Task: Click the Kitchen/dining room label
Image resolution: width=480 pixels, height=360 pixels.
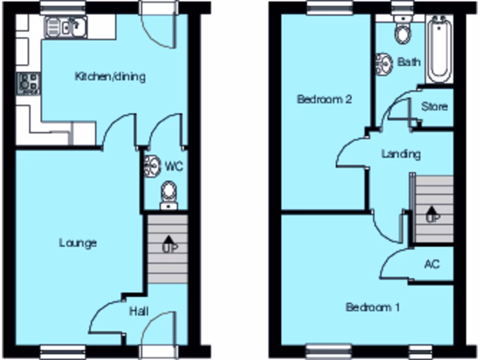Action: pyautogui.click(x=110, y=76)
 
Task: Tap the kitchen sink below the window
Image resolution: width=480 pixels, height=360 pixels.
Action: pyautogui.click(x=66, y=27)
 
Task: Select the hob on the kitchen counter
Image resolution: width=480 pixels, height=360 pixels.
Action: pyautogui.click(x=29, y=83)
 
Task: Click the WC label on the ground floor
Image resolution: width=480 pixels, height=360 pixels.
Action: pyautogui.click(x=173, y=166)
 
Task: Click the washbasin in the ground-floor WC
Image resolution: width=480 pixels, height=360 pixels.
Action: pyautogui.click(x=151, y=166)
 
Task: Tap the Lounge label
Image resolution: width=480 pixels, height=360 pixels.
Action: pyautogui.click(x=78, y=242)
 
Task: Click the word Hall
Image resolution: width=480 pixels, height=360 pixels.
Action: pyautogui.click(x=139, y=311)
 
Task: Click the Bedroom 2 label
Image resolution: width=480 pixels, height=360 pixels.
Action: pyautogui.click(x=324, y=99)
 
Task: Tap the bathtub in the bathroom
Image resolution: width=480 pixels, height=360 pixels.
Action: pyautogui.click(x=440, y=49)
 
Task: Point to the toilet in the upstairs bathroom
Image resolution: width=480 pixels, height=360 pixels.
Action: pyautogui.click(x=402, y=31)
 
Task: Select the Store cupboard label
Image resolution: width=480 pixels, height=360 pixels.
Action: pyautogui.click(x=434, y=106)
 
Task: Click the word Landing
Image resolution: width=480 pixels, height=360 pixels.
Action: pyautogui.click(x=401, y=154)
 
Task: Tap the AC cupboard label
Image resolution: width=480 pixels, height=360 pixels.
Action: pyautogui.click(x=432, y=264)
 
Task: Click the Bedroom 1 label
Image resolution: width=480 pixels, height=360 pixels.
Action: pyautogui.click(x=373, y=307)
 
